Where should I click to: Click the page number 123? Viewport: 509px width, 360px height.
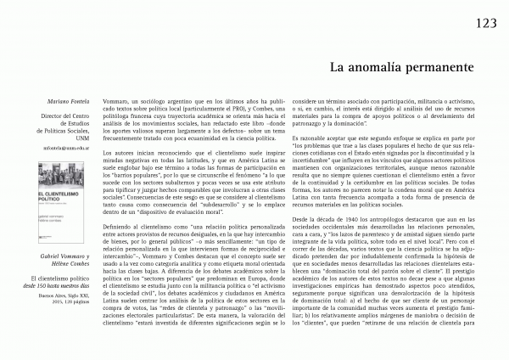[486, 23]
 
